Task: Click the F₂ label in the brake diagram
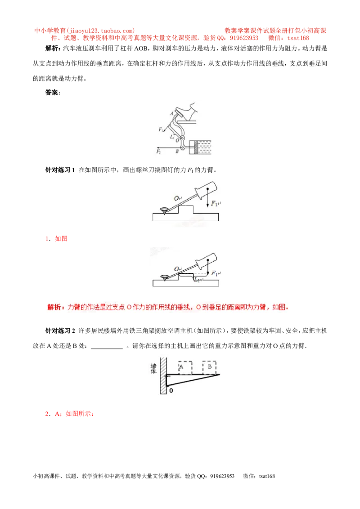tap(158, 151)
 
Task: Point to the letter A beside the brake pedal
tap(172, 114)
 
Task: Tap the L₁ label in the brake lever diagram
tap(172, 137)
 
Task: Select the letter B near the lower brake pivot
tap(177, 151)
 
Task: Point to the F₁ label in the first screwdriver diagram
tap(215, 204)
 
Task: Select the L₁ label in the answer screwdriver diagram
tap(197, 280)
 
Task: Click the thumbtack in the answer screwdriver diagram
tap(164, 278)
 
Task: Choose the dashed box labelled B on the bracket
tap(210, 367)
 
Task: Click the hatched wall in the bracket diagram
tap(163, 376)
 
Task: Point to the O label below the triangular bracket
tap(171, 390)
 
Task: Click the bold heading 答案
tap(52, 93)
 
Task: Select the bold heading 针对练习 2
tap(60, 331)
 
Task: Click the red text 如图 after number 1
tap(61, 239)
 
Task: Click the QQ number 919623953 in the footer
tap(222, 476)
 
